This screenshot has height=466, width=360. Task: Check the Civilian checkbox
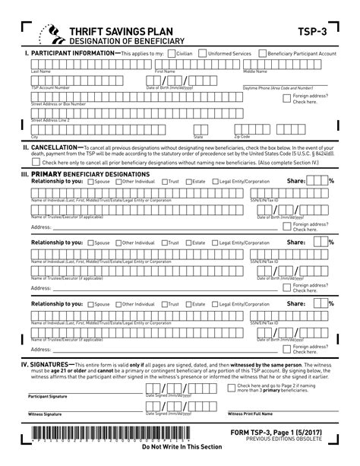(x=171, y=55)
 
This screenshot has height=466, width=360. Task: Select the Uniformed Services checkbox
(x=201, y=55)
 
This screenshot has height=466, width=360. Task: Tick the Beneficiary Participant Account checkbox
(x=262, y=55)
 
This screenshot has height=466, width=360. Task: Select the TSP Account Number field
(x=76, y=81)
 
